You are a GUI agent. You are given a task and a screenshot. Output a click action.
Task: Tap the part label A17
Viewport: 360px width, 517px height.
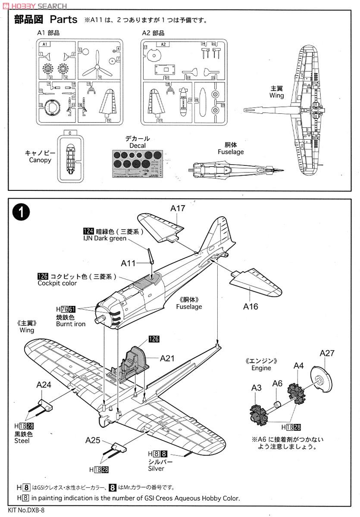(178, 209)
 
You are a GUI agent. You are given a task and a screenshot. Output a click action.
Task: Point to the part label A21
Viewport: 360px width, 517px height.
(168, 358)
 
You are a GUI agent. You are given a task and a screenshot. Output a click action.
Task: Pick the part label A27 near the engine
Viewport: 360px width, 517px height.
(327, 353)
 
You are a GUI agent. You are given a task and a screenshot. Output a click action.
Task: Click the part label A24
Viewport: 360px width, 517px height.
(44, 385)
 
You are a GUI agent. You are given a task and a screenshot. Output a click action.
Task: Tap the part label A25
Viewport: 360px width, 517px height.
(93, 440)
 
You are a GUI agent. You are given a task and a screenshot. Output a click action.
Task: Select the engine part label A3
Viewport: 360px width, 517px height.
(257, 388)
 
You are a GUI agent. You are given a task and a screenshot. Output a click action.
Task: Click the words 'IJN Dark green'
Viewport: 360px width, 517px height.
(105, 238)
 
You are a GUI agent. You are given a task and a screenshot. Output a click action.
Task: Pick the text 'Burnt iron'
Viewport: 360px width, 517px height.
(71, 324)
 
